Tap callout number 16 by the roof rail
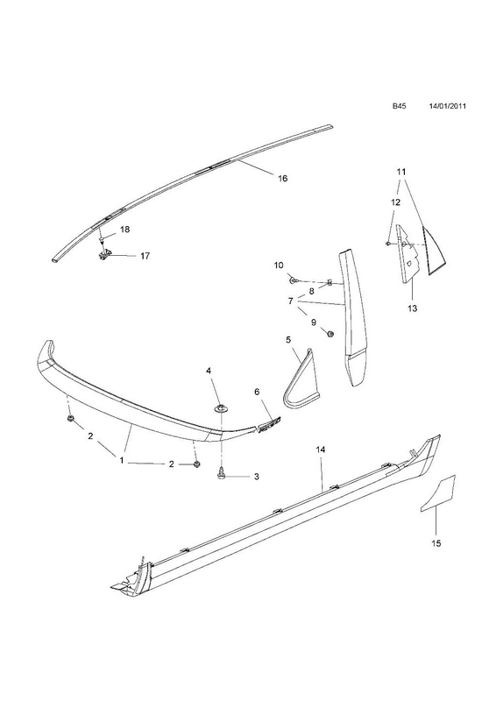click(282, 179)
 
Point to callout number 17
click(145, 256)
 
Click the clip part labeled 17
click(103, 257)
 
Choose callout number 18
click(124, 230)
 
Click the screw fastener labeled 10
click(294, 280)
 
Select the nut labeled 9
click(329, 334)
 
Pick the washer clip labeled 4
click(221, 407)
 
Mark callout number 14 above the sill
click(320, 450)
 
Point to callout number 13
click(412, 308)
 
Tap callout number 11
click(401, 171)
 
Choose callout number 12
click(396, 202)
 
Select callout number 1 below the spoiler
click(121, 459)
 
